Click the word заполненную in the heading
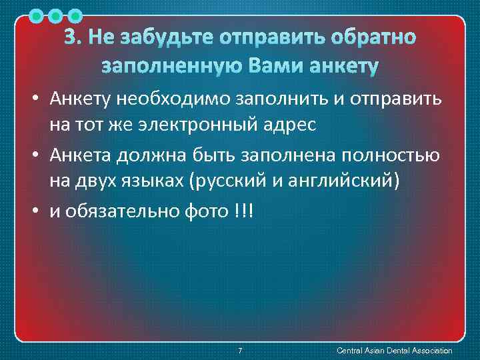point(171,67)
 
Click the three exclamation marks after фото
point(244,211)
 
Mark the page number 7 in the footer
point(240,351)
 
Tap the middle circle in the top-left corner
point(55,14)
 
